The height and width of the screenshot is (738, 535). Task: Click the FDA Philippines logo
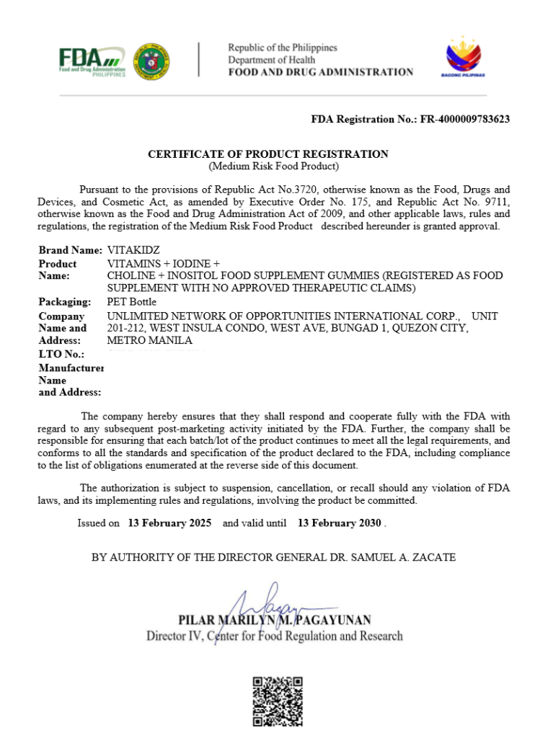[x=92, y=61]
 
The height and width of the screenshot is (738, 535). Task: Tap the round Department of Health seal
[x=151, y=61]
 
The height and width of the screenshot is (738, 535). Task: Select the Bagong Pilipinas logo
[x=461, y=56]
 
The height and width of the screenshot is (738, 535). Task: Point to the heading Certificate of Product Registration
[x=268, y=154]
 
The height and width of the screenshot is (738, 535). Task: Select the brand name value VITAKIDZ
[x=133, y=250]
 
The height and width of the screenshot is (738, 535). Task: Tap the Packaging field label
[x=65, y=302]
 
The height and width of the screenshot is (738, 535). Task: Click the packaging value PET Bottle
[x=131, y=302]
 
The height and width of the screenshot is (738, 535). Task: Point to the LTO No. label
[x=61, y=354]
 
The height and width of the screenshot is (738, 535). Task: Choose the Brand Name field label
[x=70, y=250]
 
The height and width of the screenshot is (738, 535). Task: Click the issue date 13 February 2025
[x=169, y=523]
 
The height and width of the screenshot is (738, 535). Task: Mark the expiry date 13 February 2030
[x=339, y=523]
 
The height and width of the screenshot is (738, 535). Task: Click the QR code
[x=278, y=701]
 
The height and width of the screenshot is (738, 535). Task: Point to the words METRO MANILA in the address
[x=149, y=340]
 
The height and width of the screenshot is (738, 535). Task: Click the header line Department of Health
[x=271, y=60]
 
